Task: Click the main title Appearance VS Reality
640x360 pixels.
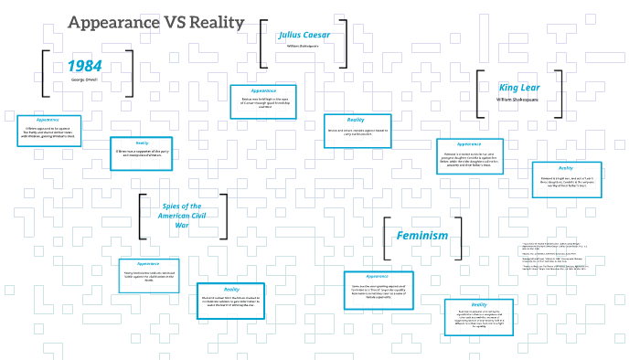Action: (x=156, y=23)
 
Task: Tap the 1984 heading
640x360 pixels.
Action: (x=84, y=66)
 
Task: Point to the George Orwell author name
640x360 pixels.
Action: (x=84, y=80)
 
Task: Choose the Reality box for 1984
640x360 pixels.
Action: (x=142, y=153)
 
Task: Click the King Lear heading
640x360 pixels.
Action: (x=520, y=86)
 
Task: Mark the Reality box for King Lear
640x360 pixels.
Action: (x=566, y=179)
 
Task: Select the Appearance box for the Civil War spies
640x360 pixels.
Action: (x=148, y=274)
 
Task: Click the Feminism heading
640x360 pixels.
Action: (x=422, y=236)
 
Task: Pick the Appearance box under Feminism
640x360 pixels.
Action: (x=377, y=286)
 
